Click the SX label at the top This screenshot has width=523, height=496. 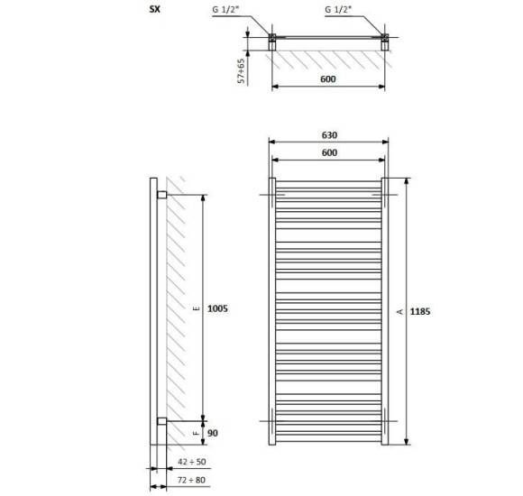pos(155,9)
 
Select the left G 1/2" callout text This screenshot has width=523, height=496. pos(225,10)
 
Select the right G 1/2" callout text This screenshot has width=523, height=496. pos(338,10)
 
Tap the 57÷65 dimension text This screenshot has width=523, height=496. pos(241,70)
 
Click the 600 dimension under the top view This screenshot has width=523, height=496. pos(328,79)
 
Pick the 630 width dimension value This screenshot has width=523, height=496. pos(329,135)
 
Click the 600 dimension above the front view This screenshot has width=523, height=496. pos(329,152)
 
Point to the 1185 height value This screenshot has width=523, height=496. pos(420,311)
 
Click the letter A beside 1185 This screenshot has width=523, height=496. pos(399,311)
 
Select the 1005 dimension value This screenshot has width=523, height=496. pos(217,308)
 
